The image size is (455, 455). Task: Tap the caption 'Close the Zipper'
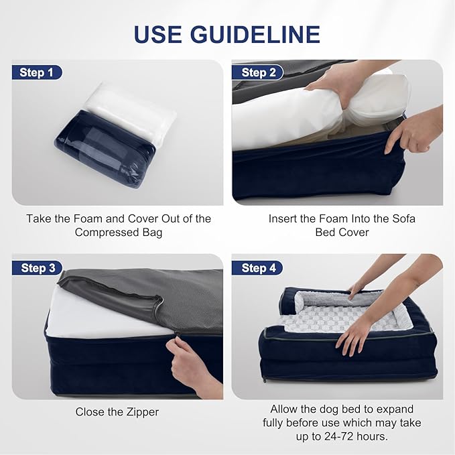[117, 412]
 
